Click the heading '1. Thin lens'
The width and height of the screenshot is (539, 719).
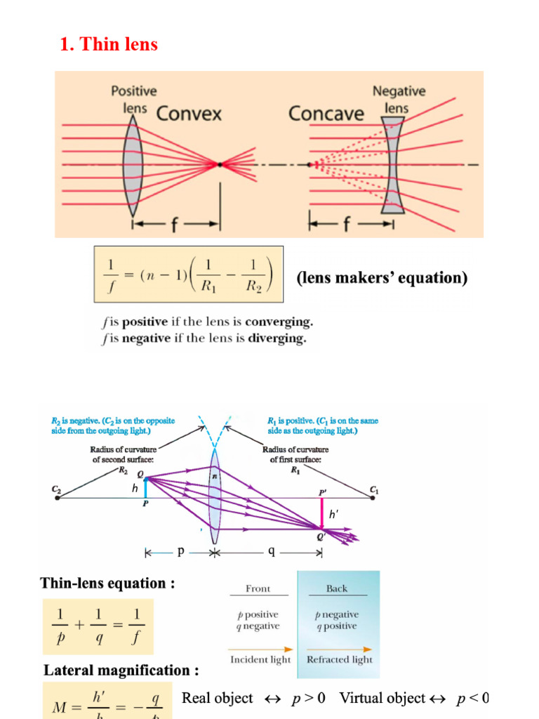point(109,44)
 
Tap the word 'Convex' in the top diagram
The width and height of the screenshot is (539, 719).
point(188,114)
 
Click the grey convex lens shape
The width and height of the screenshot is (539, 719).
point(133,164)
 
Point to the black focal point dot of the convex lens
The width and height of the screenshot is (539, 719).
point(220,164)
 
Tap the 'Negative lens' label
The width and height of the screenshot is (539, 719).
point(399,100)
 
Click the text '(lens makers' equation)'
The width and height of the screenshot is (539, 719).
point(381,278)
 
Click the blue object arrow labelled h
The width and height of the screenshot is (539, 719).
point(146,488)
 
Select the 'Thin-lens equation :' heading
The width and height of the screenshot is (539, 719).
point(107,583)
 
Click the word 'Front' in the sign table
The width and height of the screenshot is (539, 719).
point(258,588)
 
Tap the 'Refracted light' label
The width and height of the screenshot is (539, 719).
point(340,659)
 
